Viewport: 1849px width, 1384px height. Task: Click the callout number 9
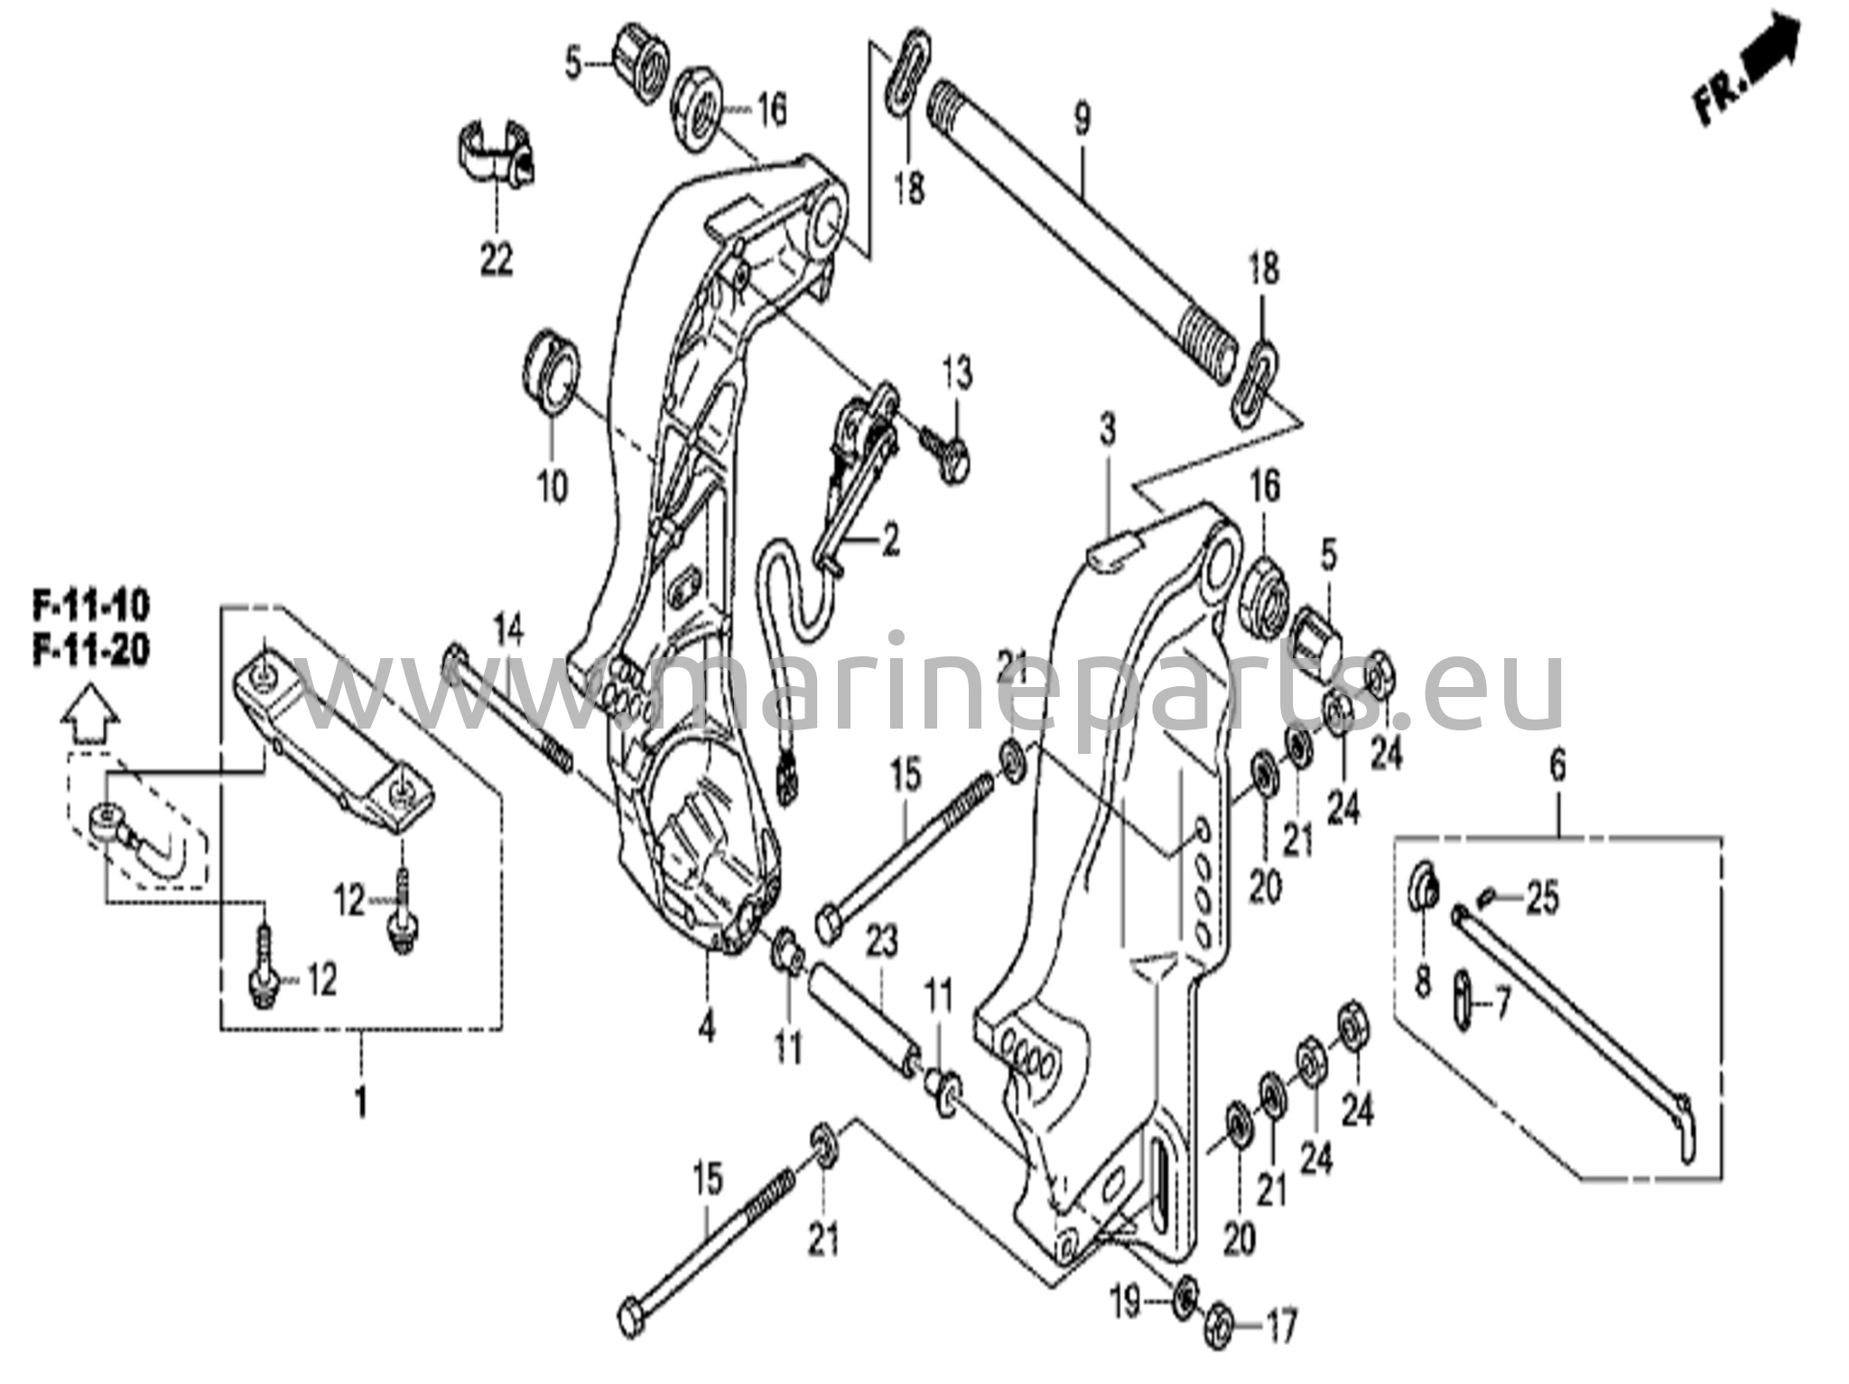coord(1082,119)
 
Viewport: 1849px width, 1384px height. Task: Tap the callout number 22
coord(496,260)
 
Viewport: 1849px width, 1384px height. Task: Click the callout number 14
coord(508,629)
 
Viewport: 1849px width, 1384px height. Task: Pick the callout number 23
coord(881,943)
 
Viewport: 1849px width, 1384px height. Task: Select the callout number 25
coord(1542,900)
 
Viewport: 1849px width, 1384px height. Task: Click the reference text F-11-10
coord(91,607)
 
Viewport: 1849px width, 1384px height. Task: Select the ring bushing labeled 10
coord(553,373)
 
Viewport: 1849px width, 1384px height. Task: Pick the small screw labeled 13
coord(946,456)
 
